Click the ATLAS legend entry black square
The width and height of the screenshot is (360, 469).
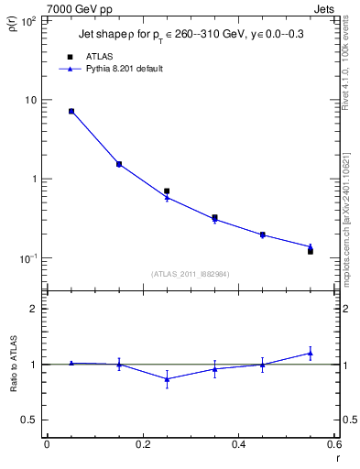tap(71, 57)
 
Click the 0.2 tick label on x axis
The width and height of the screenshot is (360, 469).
tap(142, 445)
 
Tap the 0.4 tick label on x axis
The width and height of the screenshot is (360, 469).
tap(238, 445)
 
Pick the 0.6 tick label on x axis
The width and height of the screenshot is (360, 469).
tap(333, 445)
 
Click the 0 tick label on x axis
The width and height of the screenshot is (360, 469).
tap(47, 445)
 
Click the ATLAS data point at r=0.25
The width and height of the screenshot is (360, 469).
tap(167, 191)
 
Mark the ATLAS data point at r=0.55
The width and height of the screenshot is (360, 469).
tap(311, 251)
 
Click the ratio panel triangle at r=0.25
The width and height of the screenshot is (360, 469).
tap(167, 378)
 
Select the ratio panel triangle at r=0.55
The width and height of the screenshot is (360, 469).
tap(311, 353)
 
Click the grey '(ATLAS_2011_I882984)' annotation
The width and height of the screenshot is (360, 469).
tap(190, 273)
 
